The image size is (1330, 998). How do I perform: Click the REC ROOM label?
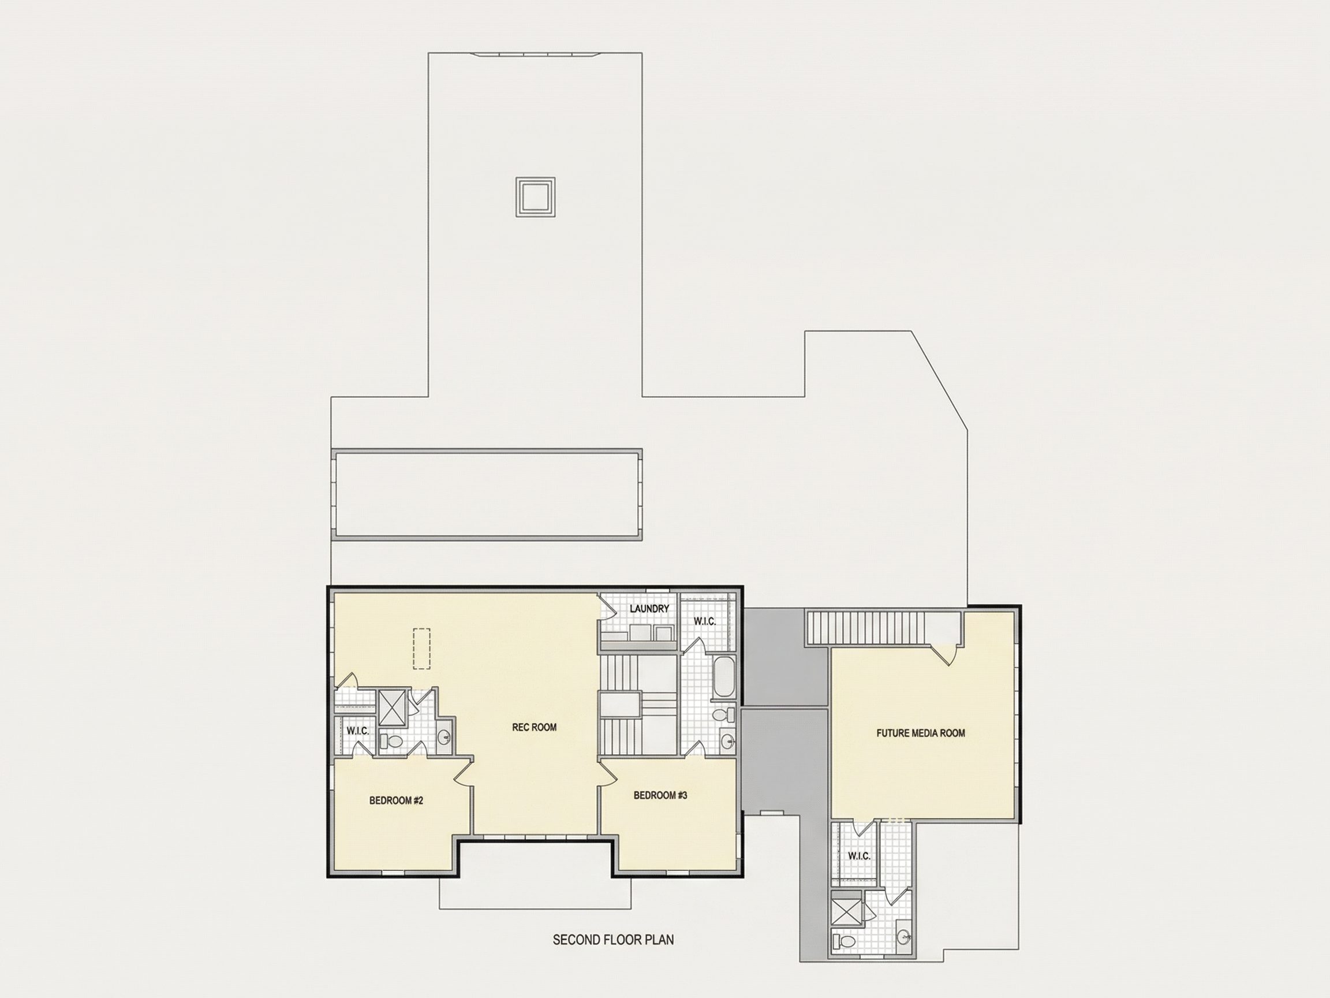(534, 727)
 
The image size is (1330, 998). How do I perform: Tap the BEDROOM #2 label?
(396, 800)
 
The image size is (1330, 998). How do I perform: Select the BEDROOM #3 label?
(660, 795)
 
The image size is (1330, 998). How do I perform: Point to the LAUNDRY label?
(649, 609)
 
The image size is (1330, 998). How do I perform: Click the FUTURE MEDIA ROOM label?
(921, 733)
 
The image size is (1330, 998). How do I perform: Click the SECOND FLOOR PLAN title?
(613, 940)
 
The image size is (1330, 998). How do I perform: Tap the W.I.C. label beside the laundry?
(705, 621)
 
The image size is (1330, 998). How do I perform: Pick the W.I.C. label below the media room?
(858, 856)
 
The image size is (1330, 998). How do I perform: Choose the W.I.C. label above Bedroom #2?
(358, 731)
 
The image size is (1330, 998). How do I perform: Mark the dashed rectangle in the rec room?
(421, 649)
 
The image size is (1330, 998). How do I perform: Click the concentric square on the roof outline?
(535, 197)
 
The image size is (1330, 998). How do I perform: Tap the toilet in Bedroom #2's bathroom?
(393, 741)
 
